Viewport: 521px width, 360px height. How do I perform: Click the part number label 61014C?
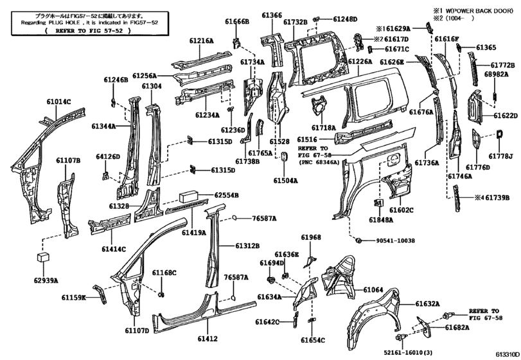point(58,101)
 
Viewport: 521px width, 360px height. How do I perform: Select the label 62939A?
point(46,280)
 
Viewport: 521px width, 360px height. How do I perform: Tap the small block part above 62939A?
point(42,257)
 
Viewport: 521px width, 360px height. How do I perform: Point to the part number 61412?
point(208,338)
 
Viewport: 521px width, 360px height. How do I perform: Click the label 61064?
point(375,290)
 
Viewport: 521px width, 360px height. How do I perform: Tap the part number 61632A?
point(427,303)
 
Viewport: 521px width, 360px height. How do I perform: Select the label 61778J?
point(500,156)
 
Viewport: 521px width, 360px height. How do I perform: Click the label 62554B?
point(227,195)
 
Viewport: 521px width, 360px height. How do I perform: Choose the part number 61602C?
point(402,210)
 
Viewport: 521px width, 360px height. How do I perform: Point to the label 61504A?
point(287,181)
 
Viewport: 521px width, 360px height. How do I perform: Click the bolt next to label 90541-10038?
point(360,240)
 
